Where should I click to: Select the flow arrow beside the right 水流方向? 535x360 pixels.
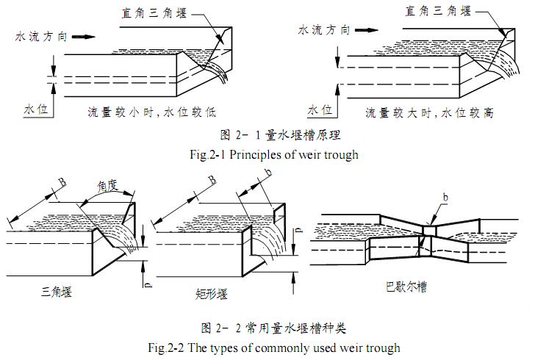click(368, 30)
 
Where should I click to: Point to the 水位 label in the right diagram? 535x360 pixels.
click(320, 110)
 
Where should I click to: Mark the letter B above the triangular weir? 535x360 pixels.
click(62, 181)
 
